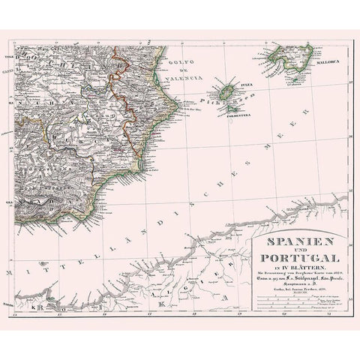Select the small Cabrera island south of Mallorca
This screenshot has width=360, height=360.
[x=287, y=77]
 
